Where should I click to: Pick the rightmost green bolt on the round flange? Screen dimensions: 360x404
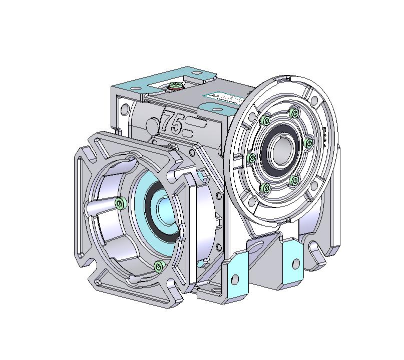(x=309, y=144)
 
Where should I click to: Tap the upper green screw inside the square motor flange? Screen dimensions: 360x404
(x=120, y=202)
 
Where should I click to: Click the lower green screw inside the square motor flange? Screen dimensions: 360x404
(x=160, y=265)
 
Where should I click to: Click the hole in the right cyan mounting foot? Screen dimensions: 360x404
(x=294, y=263)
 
